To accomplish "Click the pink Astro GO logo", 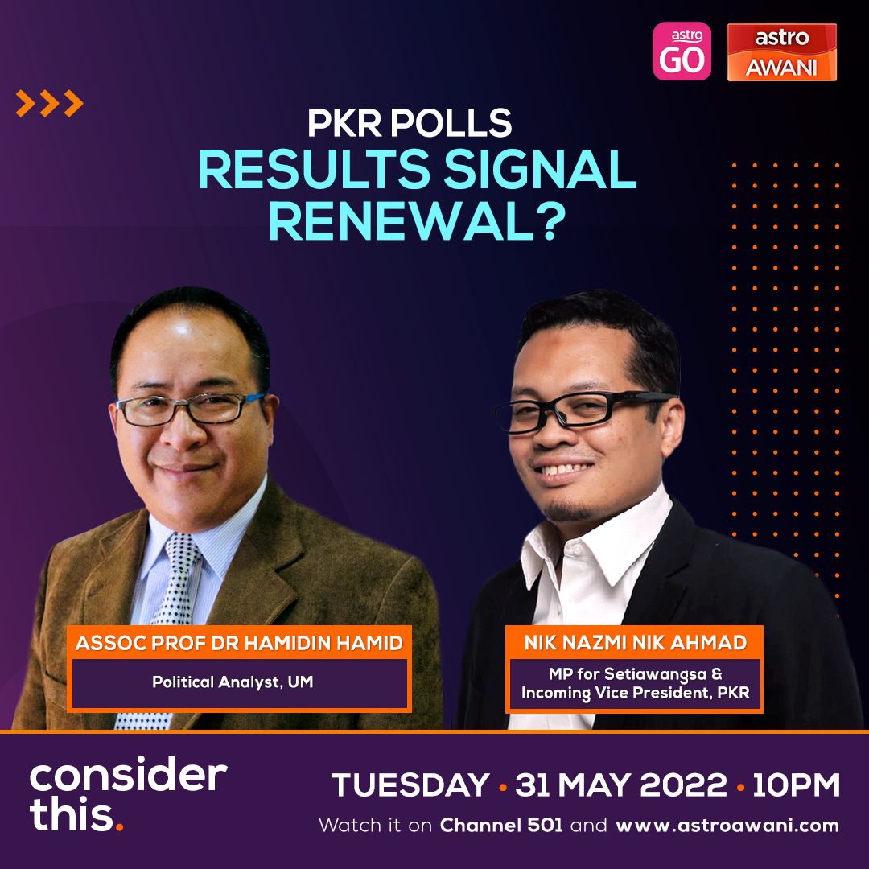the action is [x=682, y=51].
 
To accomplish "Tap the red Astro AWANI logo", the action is [x=781, y=52].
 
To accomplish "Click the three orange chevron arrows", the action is [x=49, y=103].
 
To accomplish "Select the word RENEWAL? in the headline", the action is [x=417, y=222].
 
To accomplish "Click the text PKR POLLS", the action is [x=410, y=122].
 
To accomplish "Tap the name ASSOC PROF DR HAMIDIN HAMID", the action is [x=239, y=643].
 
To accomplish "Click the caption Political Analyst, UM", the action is [x=233, y=682].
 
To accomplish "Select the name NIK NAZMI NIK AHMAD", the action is [x=635, y=642].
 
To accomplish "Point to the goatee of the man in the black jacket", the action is [x=566, y=511].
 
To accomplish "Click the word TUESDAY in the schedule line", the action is [x=410, y=785].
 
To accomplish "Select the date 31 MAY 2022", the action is [x=620, y=785].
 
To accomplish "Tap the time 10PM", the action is [x=796, y=785].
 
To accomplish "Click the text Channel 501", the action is [x=501, y=826].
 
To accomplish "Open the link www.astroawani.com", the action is [x=727, y=826].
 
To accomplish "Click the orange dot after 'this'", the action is [x=118, y=827].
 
